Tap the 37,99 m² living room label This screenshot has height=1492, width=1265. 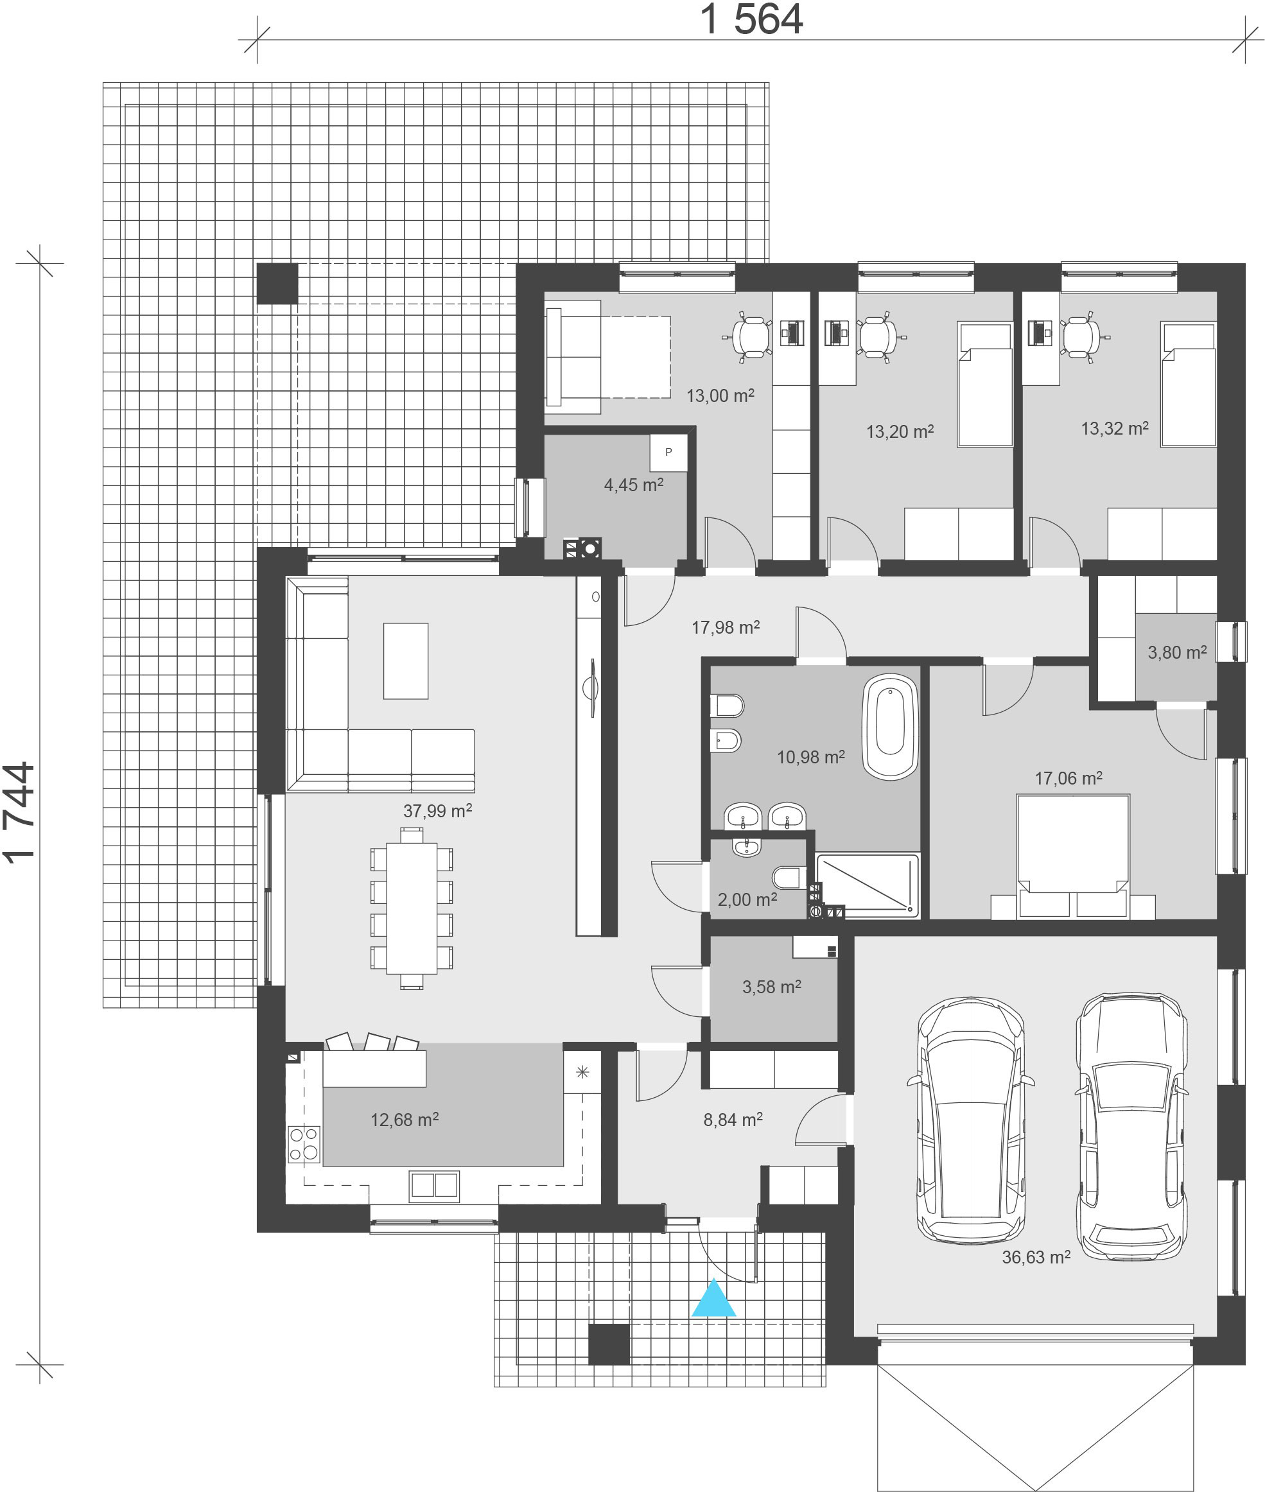pos(437,811)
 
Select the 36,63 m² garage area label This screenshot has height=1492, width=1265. pos(1036,1257)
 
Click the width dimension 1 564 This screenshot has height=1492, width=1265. pos(751,19)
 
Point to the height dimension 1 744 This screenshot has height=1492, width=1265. pos(19,812)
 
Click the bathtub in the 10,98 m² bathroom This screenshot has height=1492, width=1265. pos(890,727)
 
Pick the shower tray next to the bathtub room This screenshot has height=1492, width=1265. pos(868,885)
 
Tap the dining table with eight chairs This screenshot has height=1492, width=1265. pos(412,908)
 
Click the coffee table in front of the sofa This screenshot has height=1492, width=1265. pos(406,661)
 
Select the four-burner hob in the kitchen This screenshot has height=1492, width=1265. pos(303,1143)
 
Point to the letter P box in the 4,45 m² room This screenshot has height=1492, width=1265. pos(668,453)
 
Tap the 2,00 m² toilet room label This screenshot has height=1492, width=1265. pos(747,899)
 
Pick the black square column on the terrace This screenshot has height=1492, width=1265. pos(277,283)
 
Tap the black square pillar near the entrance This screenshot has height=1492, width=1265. pos(609,1344)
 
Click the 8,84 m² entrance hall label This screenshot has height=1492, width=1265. pos(733,1119)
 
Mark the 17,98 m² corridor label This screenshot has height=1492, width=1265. pos(726,627)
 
